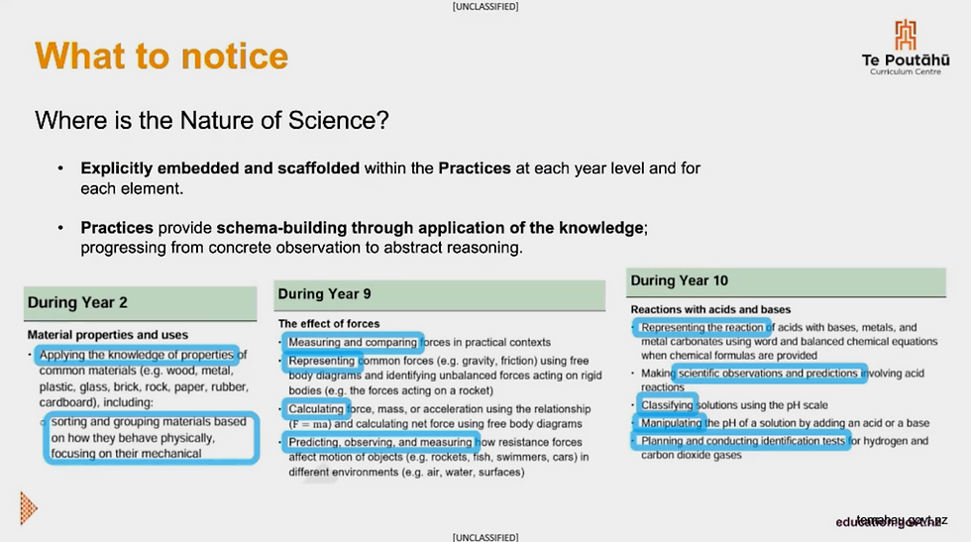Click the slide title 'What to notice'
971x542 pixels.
162,55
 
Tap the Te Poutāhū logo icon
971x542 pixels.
906,35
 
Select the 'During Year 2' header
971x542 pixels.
77,302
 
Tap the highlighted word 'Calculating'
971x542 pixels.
317,408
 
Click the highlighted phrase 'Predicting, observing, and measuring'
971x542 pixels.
380,442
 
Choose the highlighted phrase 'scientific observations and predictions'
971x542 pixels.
769,374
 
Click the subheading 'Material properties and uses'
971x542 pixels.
107,335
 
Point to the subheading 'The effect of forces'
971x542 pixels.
329,323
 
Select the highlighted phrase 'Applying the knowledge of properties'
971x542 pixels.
137,355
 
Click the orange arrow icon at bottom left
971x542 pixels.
28,508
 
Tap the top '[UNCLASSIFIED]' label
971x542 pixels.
485,7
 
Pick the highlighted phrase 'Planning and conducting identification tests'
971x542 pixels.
742,441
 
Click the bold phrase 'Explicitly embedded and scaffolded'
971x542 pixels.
220,168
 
